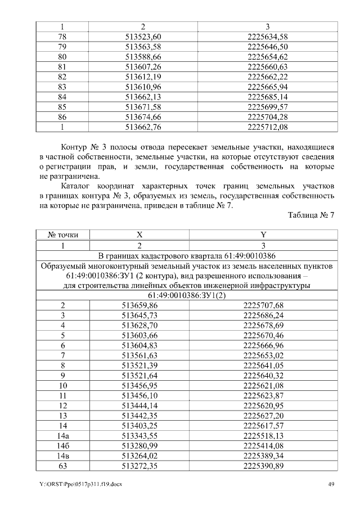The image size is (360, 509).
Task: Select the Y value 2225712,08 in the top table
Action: (x=267, y=128)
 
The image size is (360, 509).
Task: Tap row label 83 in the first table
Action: (x=62, y=87)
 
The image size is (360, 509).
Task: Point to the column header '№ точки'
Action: (x=62, y=235)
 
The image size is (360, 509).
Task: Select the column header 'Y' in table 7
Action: (x=263, y=235)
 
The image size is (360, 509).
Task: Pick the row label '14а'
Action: (x=62, y=436)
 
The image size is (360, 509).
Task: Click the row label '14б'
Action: (x=62, y=446)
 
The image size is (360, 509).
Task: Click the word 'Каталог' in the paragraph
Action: (x=78, y=185)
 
